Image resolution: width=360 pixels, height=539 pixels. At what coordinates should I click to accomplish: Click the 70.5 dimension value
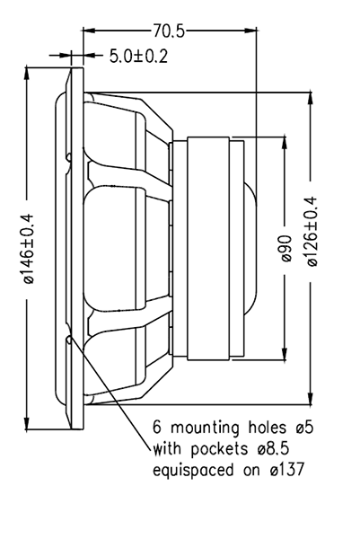(169, 31)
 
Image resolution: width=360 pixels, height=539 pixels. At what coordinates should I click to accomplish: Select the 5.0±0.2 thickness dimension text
(138, 56)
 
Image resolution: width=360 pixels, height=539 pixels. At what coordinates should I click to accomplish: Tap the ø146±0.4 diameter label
(29, 249)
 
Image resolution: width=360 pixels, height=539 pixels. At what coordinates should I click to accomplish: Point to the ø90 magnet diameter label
(285, 249)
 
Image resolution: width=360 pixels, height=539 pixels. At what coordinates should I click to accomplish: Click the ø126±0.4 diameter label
(312, 232)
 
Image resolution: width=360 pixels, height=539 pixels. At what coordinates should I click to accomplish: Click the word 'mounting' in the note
(205, 428)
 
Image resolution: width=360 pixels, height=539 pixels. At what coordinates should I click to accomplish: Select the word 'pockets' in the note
(219, 449)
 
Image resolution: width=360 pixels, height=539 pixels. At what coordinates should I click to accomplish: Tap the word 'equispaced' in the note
(193, 470)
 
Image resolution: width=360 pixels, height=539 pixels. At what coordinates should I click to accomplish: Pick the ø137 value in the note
(287, 470)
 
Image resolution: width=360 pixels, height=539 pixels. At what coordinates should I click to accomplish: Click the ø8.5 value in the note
(272, 448)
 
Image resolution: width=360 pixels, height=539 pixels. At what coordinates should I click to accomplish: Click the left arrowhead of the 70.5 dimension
(89, 31)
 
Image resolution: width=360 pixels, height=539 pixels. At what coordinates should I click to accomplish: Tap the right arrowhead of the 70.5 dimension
(250, 31)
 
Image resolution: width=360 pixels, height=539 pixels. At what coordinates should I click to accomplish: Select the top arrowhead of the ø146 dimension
(26, 74)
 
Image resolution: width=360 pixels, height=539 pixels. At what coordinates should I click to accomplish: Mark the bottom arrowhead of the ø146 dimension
(26, 423)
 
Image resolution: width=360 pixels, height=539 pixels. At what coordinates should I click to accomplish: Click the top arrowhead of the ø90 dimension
(285, 143)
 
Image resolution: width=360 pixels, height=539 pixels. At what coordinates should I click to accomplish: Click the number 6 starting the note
(156, 428)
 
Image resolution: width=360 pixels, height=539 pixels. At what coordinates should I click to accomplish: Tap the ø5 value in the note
(304, 428)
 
